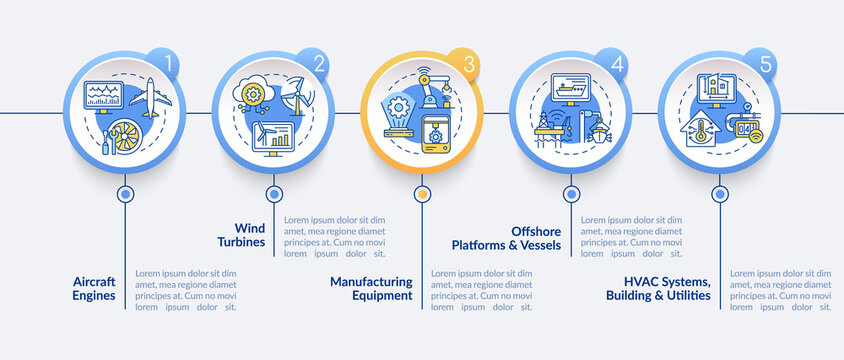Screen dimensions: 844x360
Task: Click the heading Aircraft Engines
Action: (x=94, y=288)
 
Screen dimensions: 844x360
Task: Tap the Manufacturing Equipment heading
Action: (x=371, y=288)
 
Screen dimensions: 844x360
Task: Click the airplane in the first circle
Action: (x=150, y=98)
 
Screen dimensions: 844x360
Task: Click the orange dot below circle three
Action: (x=422, y=193)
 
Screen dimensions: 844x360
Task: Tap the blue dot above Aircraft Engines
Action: (x=125, y=193)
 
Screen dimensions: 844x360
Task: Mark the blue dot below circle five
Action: (x=719, y=193)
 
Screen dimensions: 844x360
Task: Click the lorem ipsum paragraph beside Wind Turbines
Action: (x=334, y=237)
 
